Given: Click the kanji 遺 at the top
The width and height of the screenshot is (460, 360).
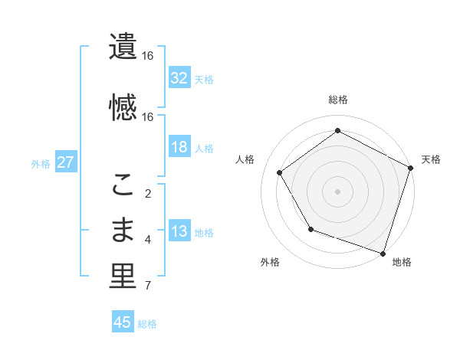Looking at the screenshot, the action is [x=123, y=47].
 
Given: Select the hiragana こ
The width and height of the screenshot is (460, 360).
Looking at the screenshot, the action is [x=123, y=183].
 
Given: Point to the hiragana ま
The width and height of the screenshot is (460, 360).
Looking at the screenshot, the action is [x=123, y=230].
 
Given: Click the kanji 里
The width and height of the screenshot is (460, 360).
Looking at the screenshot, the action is [x=123, y=277].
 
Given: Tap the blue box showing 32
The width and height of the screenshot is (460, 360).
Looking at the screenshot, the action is [x=179, y=77].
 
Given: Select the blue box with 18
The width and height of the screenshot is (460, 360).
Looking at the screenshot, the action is [x=179, y=147].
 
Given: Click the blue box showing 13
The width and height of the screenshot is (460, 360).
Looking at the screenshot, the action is [x=179, y=232].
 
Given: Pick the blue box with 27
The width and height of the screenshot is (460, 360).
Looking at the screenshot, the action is [x=65, y=162].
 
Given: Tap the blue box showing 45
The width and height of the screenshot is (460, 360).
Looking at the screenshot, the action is [x=123, y=322].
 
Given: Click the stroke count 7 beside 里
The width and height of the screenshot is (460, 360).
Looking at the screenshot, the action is [x=147, y=286].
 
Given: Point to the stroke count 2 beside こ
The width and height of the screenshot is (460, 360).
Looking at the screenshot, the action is [x=147, y=193].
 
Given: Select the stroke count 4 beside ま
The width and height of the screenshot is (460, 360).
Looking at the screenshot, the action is [x=147, y=240].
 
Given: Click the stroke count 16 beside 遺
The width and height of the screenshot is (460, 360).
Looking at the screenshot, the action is [x=147, y=56].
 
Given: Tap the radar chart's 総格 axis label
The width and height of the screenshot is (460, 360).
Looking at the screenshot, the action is [x=338, y=100].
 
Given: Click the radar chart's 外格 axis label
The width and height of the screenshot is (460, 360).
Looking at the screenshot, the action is [x=270, y=262].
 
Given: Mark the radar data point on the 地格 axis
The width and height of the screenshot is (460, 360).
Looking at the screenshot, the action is [x=383, y=252].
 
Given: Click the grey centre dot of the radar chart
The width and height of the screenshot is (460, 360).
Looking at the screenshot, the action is [x=338, y=191].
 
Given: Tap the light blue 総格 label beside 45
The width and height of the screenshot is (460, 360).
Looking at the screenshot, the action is [x=147, y=323].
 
